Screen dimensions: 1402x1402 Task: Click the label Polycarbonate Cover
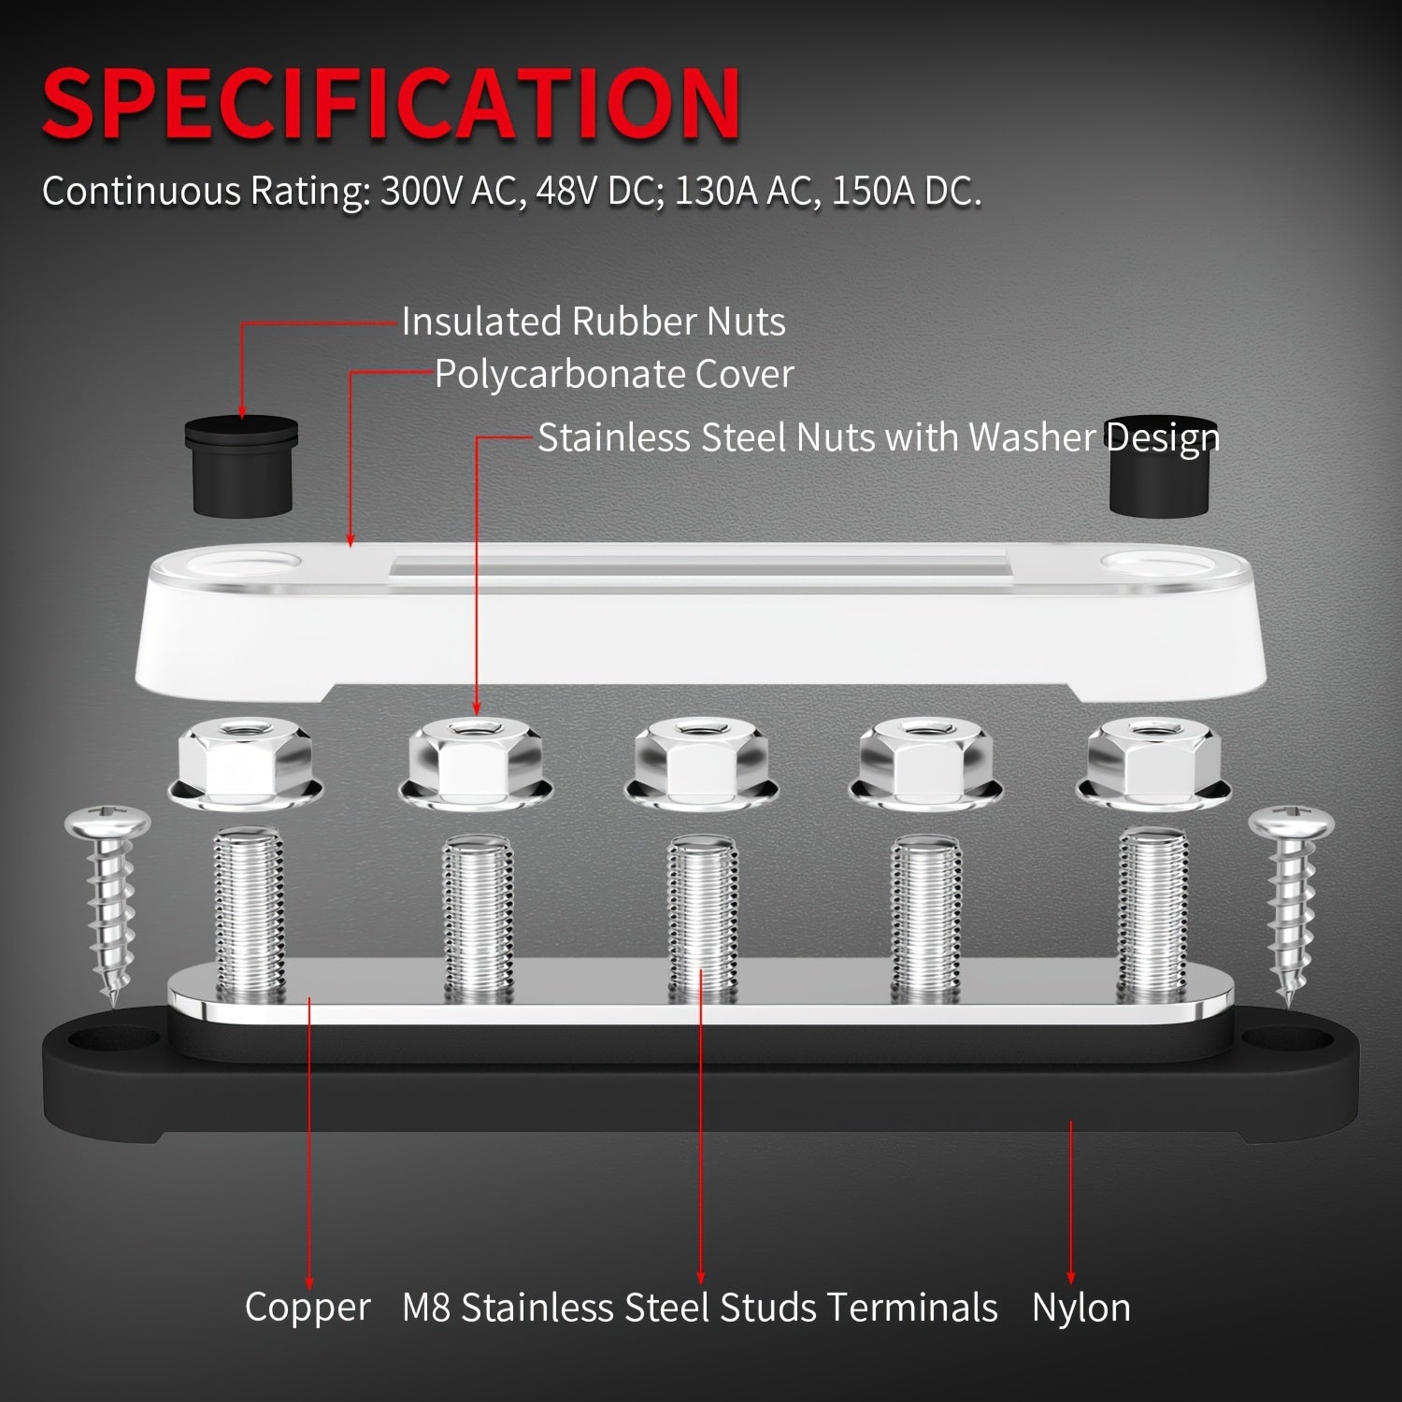point(614,375)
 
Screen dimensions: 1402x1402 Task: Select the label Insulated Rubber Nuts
point(594,322)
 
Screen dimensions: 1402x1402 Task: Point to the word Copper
point(308,1307)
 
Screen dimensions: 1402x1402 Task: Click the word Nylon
point(1080,1307)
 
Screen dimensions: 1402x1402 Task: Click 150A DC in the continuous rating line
point(906,191)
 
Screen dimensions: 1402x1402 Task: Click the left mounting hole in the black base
point(112,1038)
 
